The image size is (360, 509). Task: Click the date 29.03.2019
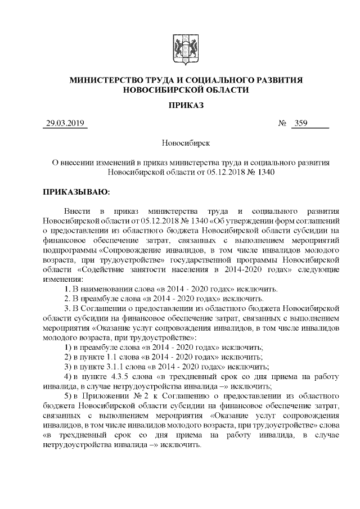click(x=65, y=124)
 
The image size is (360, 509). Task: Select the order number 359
click(x=301, y=124)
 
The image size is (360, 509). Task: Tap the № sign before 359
click(x=283, y=124)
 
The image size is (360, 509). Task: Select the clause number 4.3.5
click(x=122, y=377)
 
